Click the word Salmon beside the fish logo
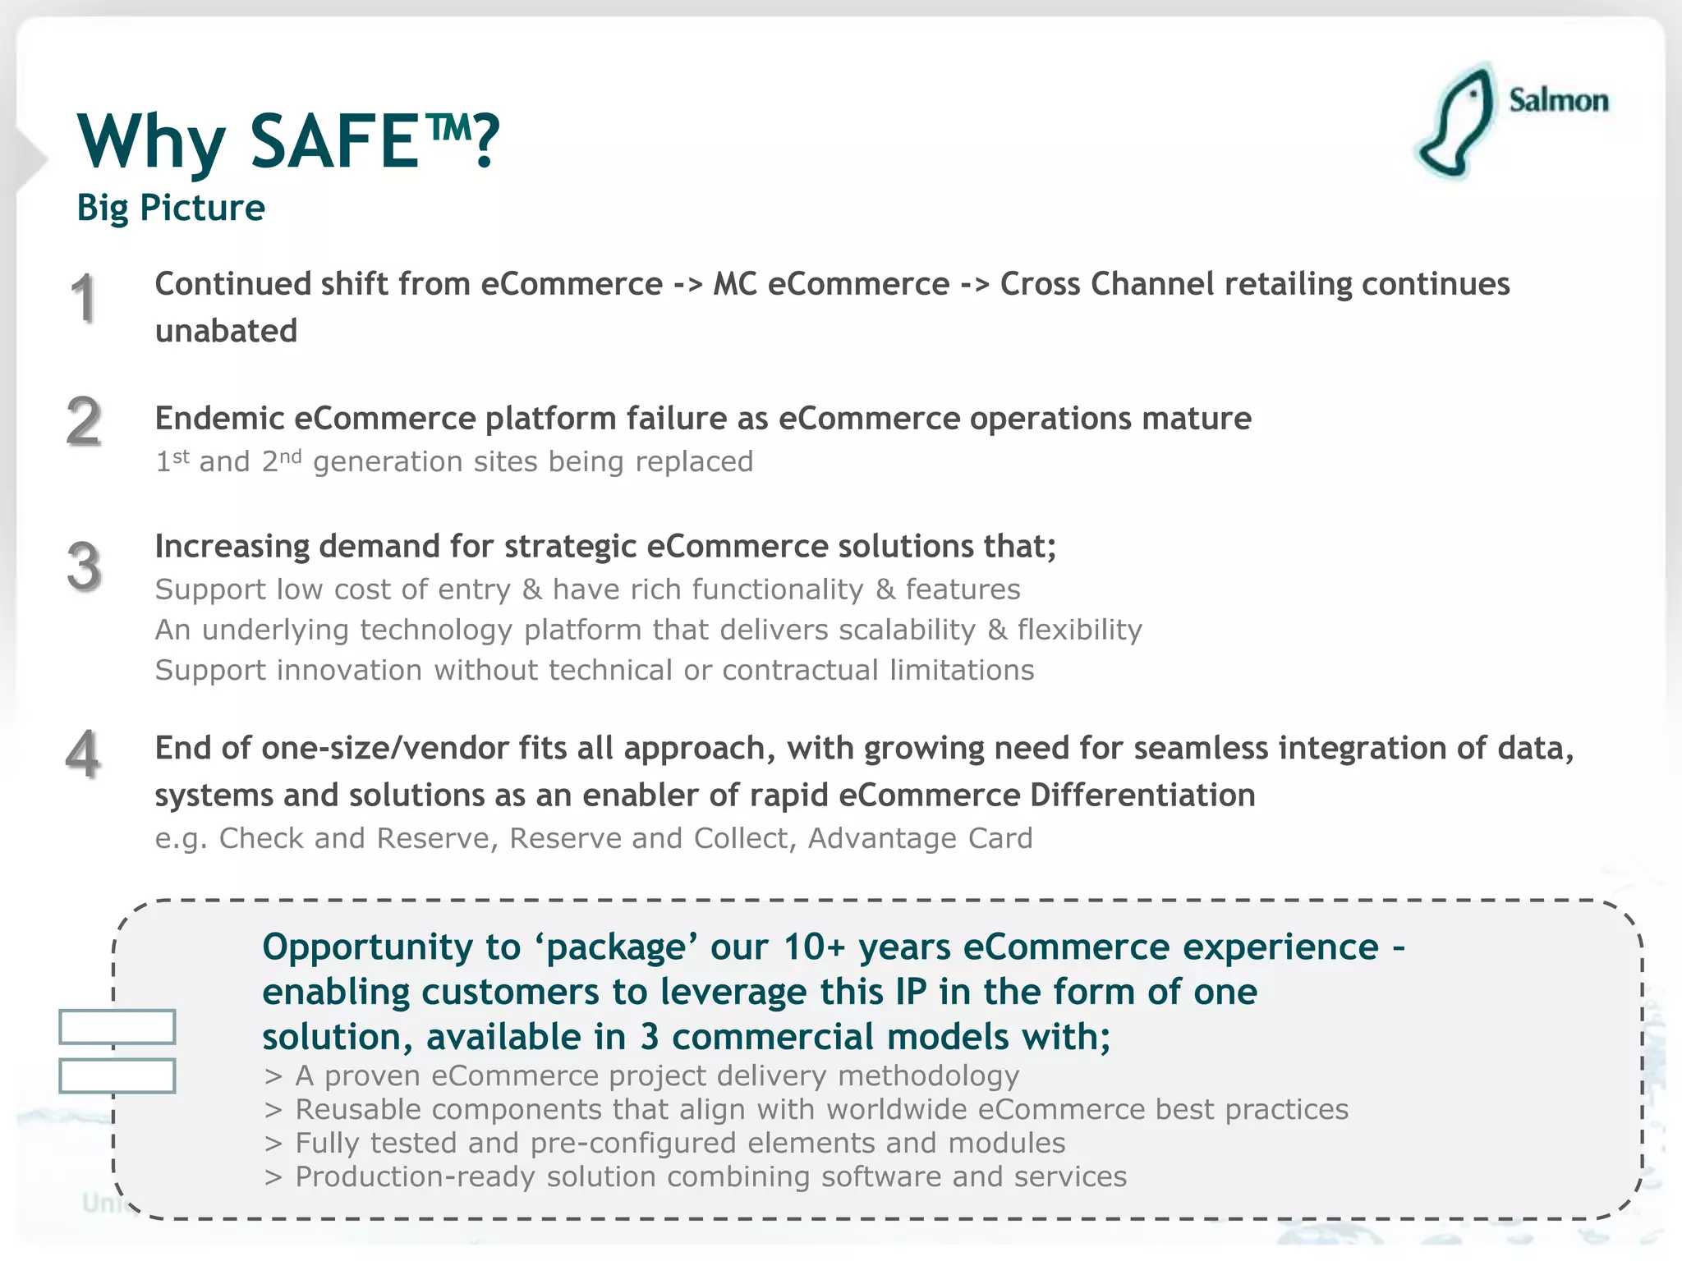[x=1558, y=101]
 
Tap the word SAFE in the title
[x=334, y=141]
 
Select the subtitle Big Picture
[x=171, y=208]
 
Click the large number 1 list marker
[x=84, y=299]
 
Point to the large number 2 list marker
[x=84, y=422]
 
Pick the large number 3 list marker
[x=84, y=566]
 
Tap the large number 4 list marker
[x=84, y=754]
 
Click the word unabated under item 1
[x=226, y=331]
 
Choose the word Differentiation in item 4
[x=1142, y=796]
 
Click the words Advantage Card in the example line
[x=920, y=838]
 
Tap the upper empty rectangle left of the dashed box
[x=117, y=1027]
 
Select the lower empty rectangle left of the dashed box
[x=117, y=1075]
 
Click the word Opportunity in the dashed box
[x=367, y=948]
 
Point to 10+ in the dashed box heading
[x=814, y=947]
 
